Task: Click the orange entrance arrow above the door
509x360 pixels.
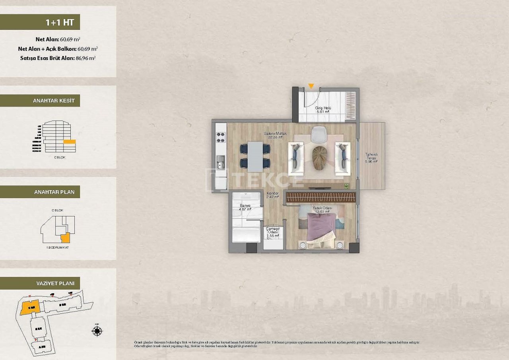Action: tap(311, 86)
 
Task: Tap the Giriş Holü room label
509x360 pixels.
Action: tap(323, 110)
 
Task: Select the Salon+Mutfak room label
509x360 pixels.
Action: tap(275, 135)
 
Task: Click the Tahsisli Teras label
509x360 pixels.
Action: tap(371, 158)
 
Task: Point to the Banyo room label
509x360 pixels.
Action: tap(245, 207)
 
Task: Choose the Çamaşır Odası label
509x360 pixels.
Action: tap(273, 232)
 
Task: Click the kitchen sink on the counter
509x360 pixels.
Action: tap(220, 162)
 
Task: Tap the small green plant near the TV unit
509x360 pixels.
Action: tap(346, 185)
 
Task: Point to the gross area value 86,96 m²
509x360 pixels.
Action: tap(85, 58)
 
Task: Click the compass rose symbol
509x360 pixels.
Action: tap(97, 330)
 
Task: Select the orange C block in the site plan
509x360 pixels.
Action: tap(29, 308)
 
